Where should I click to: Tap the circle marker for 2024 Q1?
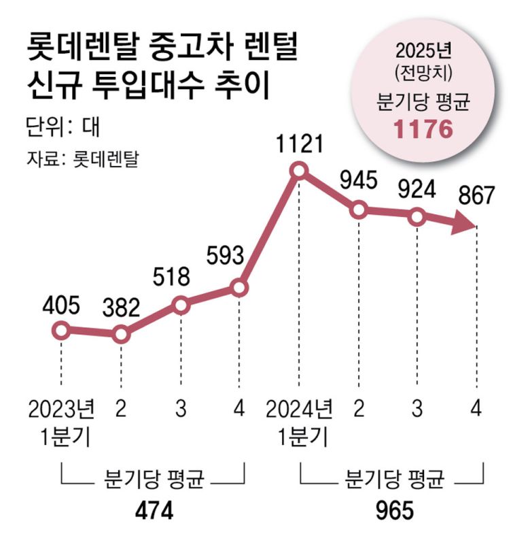pyautogui.click(x=299, y=170)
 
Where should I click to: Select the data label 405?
pyautogui.click(x=61, y=305)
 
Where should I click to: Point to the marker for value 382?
pyautogui.click(x=121, y=335)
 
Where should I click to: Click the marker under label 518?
pyautogui.click(x=180, y=305)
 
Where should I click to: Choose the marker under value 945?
pyautogui.click(x=358, y=210)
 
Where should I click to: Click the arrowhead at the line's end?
pyautogui.click(x=465, y=224)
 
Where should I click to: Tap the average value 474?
pyautogui.click(x=153, y=511)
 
